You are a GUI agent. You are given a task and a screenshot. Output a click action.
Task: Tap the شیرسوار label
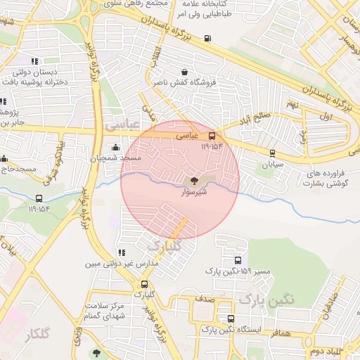click(194, 191)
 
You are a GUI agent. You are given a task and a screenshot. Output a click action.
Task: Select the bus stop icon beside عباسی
click(212, 136)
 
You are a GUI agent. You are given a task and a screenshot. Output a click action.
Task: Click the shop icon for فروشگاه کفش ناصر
click(184, 72)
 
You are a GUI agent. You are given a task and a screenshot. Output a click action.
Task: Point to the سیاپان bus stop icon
click(272, 153)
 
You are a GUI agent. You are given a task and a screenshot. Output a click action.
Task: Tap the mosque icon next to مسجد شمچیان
click(115, 148)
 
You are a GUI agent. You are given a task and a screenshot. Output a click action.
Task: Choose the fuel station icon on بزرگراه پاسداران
click(207, 38)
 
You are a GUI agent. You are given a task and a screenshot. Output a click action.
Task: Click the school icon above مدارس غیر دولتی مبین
click(122, 252)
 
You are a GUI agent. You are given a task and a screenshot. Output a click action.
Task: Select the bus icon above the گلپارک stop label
click(145, 284)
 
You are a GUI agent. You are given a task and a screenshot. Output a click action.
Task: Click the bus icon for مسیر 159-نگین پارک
click(237, 260)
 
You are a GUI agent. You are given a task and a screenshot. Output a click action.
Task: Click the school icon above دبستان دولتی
click(35, 62)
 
